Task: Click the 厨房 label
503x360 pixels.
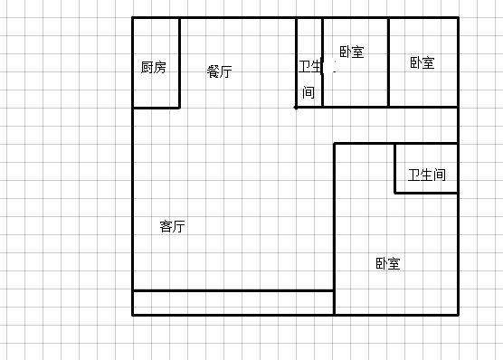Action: (154, 67)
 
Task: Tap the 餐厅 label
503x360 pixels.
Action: (219, 71)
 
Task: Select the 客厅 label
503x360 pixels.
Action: (172, 226)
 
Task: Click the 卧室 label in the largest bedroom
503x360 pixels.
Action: (388, 264)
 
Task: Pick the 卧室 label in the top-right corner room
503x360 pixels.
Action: (422, 62)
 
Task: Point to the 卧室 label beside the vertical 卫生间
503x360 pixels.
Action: (351, 52)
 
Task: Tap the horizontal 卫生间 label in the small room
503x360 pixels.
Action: (426, 175)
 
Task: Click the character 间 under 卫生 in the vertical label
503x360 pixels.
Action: (308, 92)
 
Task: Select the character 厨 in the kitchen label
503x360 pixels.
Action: (147, 67)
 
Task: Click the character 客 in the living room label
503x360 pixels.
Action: (166, 226)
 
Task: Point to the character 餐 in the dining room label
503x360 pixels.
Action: (213, 71)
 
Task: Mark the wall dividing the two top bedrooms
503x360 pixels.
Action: (389, 62)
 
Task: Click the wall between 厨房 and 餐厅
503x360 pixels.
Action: (179, 62)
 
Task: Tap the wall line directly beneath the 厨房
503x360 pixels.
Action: (156, 108)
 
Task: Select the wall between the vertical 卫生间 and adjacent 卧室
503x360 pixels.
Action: (322, 62)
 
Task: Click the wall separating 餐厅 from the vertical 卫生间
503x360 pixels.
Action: (297, 62)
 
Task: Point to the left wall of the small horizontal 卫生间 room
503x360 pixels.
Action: (394, 167)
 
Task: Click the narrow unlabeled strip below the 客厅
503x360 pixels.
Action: (233, 302)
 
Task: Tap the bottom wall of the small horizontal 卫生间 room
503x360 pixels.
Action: (426, 192)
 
